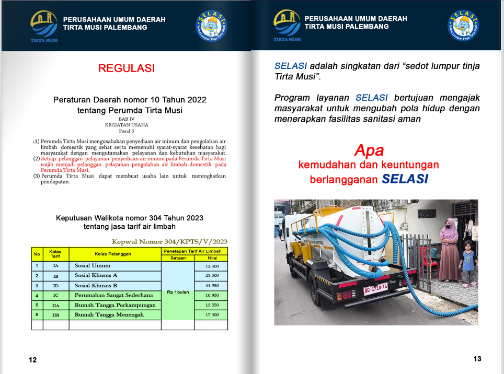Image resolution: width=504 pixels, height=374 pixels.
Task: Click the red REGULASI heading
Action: (127, 68)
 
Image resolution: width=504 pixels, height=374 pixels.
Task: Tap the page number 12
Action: (33, 360)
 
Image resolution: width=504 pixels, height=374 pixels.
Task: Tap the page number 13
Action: (477, 359)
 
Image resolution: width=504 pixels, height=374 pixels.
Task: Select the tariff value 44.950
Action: (211, 285)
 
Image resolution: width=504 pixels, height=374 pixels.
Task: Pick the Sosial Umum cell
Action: (114, 266)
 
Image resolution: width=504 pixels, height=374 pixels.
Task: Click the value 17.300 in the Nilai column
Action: (211, 314)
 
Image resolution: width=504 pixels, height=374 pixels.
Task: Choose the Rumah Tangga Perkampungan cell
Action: (114, 305)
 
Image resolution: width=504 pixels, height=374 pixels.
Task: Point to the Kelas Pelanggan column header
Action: (114, 254)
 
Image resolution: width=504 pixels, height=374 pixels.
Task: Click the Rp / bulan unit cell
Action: (177, 292)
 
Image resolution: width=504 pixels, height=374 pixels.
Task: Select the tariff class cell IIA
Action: (55, 305)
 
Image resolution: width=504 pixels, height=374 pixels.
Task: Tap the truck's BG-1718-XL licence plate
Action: (375, 288)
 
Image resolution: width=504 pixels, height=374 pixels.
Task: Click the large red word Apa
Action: (369, 150)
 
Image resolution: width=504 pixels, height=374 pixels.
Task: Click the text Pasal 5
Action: (127, 131)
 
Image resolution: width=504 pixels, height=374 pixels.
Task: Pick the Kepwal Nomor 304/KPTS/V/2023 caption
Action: (169, 241)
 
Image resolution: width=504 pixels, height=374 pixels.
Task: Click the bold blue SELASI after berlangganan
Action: (405, 179)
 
